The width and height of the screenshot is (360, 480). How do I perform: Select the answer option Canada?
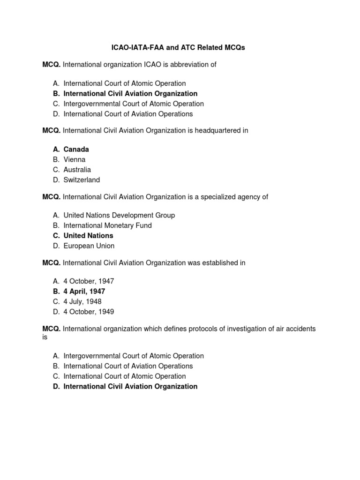pyautogui.click(x=76, y=150)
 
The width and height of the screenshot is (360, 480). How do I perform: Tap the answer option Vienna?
pyautogui.click(x=75, y=160)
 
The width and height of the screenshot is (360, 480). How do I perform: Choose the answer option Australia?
pyautogui.click(x=77, y=170)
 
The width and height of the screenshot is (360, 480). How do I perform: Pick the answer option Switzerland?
pyautogui.click(x=82, y=180)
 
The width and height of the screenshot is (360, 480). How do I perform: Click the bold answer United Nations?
pyautogui.click(x=88, y=236)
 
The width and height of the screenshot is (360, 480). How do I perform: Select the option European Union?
pyautogui.click(x=89, y=246)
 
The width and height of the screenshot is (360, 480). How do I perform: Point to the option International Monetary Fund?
pyautogui.click(x=107, y=225)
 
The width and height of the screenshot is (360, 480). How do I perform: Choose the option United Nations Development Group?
pyautogui.click(x=119, y=215)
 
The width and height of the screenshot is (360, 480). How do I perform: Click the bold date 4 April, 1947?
pyautogui.click(x=84, y=292)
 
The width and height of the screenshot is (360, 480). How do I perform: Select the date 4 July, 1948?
pyautogui.click(x=82, y=301)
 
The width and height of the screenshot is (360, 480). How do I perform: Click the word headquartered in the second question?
pyautogui.click(x=214, y=131)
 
